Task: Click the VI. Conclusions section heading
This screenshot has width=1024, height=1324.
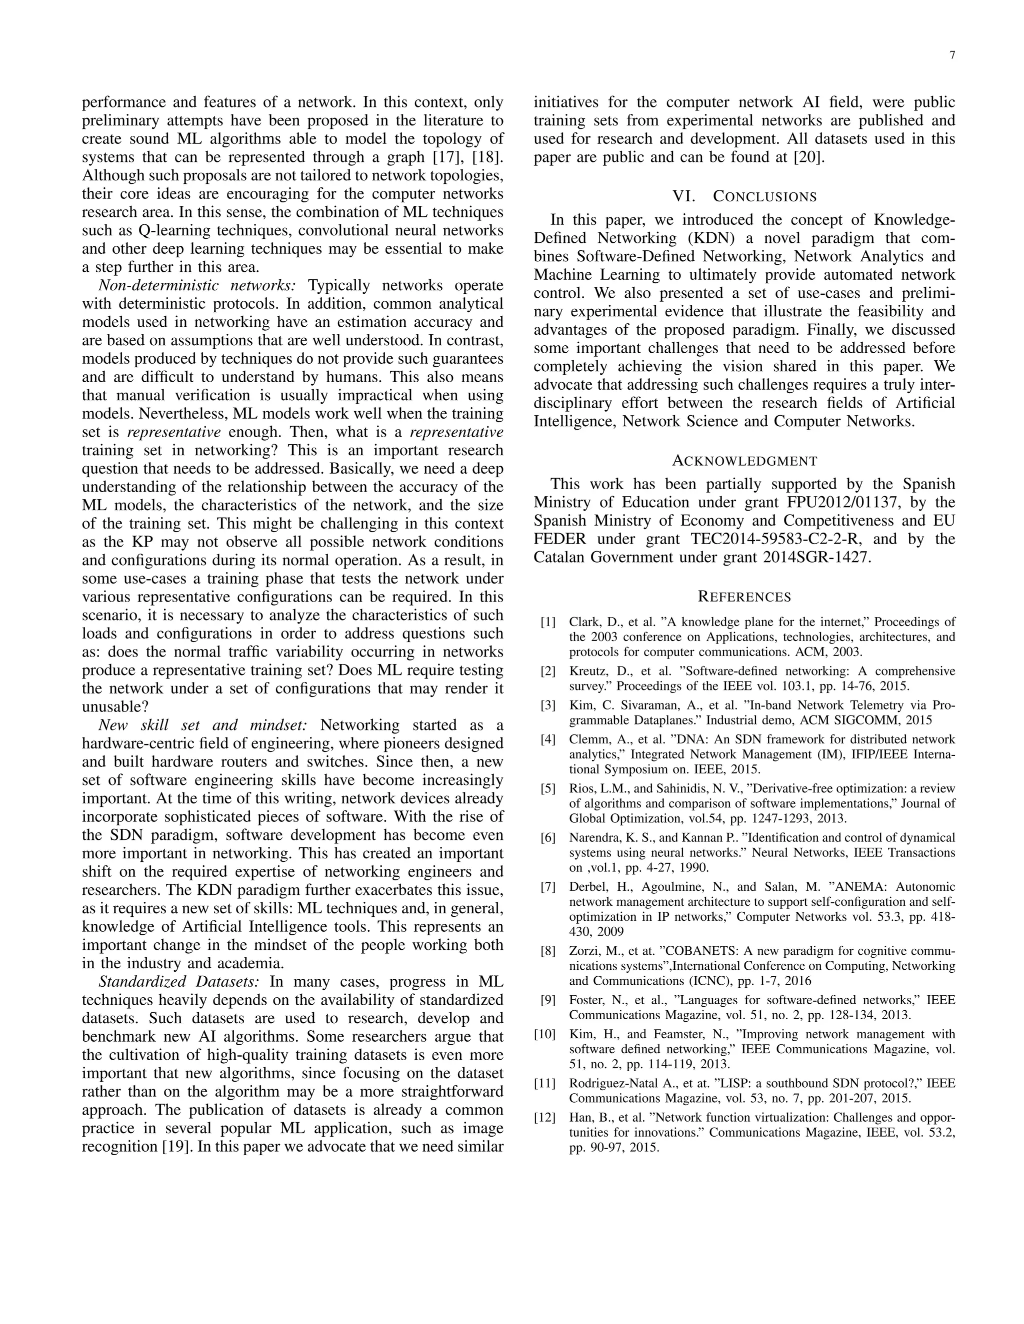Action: pos(744,197)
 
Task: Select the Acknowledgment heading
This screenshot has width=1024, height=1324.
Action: pos(744,461)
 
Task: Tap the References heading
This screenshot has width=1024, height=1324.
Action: pos(744,597)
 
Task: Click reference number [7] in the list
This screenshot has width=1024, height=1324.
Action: pos(548,887)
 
